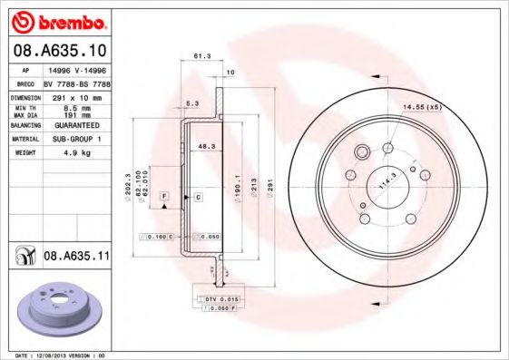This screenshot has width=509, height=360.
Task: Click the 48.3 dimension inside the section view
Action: (x=206, y=145)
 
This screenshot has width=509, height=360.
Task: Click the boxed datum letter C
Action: (x=197, y=197)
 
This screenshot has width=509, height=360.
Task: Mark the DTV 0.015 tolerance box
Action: (x=218, y=299)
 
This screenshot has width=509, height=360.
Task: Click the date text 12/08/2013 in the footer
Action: (x=54, y=355)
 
